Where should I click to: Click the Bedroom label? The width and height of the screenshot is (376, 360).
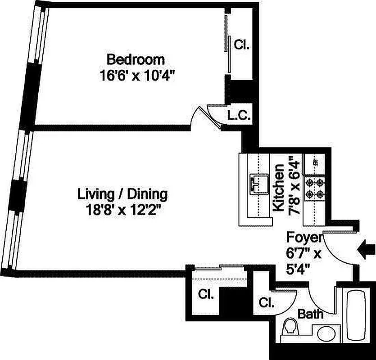click(135, 59)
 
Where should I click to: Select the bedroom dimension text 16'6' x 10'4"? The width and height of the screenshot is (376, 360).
click(137, 75)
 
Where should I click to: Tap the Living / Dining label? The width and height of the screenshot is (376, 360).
click(122, 194)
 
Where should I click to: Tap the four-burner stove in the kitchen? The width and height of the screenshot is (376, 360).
click(314, 189)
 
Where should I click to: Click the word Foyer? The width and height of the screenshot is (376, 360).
click(304, 238)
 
